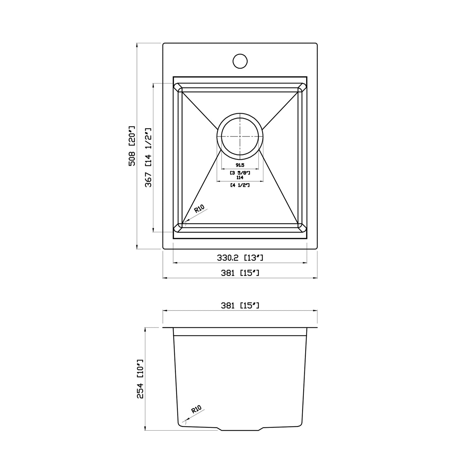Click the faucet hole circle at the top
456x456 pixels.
(240, 61)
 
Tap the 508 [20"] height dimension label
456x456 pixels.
(132, 146)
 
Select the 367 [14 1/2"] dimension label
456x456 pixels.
(148, 157)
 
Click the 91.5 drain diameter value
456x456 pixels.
(240, 165)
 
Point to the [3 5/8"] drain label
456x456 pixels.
(240, 173)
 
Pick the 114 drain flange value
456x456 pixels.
(240, 178)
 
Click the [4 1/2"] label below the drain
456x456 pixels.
(240, 185)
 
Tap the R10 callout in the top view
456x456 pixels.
(199, 209)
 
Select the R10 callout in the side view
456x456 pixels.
(196, 410)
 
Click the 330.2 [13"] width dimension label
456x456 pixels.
(240, 258)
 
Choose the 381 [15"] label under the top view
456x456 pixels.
(240, 273)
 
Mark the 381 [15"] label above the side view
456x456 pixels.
(240, 305)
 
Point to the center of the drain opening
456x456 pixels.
(240, 136)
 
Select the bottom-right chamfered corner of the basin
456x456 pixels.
(302, 227)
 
